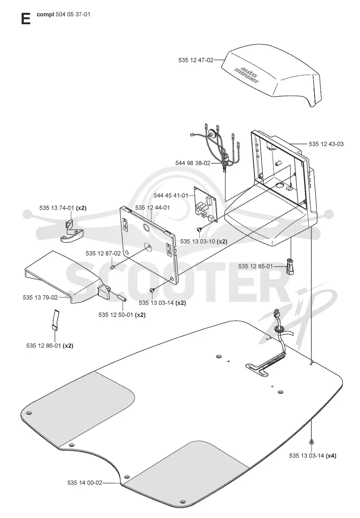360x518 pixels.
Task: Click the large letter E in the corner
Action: (x=26, y=18)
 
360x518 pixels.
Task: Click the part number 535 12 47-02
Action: (x=196, y=60)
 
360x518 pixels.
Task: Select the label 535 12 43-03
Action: (x=326, y=144)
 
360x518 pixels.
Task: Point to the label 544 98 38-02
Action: (x=193, y=163)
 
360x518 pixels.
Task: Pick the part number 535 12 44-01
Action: (x=153, y=207)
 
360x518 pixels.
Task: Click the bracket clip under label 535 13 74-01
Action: (x=72, y=232)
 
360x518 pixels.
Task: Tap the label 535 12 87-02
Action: (x=103, y=254)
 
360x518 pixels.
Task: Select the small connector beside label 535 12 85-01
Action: (x=290, y=266)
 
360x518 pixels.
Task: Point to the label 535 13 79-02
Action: (x=40, y=297)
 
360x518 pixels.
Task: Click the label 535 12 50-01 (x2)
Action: (x=122, y=315)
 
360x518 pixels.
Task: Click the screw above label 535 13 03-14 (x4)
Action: (x=311, y=442)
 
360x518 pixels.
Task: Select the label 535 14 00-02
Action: (x=85, y=482)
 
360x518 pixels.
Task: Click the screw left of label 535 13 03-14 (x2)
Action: (x=152, y=290)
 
